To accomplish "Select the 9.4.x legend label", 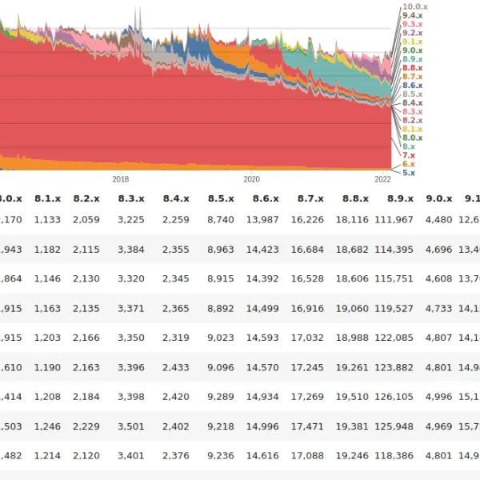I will click(413, 16).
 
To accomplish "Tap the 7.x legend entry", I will click(409, 155).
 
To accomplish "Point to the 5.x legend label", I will click(409, 173).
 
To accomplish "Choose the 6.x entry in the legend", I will click(409, 164).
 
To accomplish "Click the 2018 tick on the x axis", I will click(121, 180).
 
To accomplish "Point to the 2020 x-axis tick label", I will click(252, 180).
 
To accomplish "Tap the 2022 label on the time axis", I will click(382, 180).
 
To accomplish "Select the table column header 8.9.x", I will click(400, 198).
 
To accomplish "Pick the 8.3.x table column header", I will click(131, 198).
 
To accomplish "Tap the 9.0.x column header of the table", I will click(438, 198).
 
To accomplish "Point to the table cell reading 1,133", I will click(47, 220).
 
